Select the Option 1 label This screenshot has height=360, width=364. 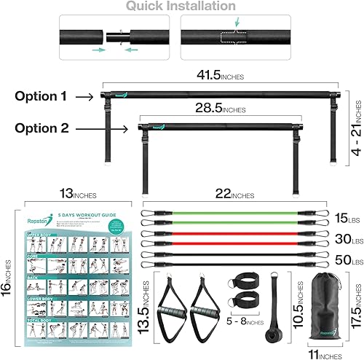[x=47, y=95]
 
